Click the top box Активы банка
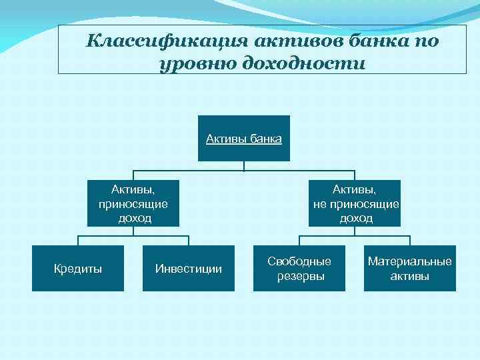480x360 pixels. (244, 139)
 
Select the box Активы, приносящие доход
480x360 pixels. (133, 203)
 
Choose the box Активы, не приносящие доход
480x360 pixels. (355, 203)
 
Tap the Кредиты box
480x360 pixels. (78, 269)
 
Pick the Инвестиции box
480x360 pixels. (189, 269)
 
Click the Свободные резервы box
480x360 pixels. (299, 269)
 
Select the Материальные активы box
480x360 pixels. (410, 269)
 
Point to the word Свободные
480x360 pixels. (299, 261)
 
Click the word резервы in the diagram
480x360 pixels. (299, 276)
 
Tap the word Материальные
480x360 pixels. (410, 261)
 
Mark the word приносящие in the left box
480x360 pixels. (133, 204)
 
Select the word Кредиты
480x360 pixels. (78, 269)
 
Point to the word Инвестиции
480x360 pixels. (189, 269)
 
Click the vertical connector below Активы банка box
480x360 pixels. (244, 165)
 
